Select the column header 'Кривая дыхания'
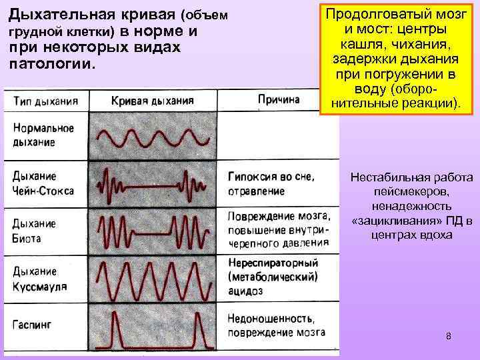coord(152,101)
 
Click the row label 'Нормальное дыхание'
coord(43,135)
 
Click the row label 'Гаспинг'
coord(32,325)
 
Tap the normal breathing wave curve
coord(156,138)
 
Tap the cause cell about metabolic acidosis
coord(272,276)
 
